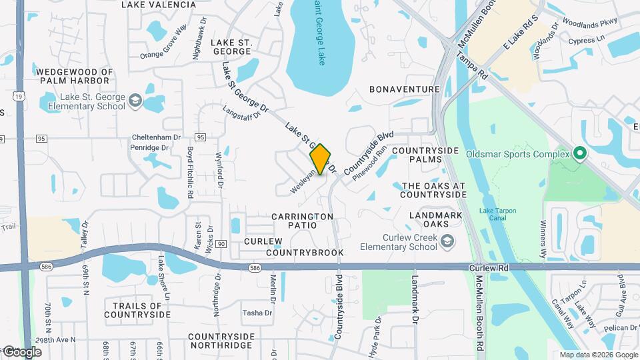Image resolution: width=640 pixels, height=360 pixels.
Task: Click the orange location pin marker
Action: pyautogui.click(x=320, y=159)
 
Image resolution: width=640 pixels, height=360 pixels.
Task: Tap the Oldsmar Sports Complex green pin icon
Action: pyautogui.click(x=579, y=155)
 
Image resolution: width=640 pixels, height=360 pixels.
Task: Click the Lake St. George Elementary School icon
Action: pyautogui.click(x=135, y=101)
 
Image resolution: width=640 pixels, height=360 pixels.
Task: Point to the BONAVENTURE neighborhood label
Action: pyautogui.click(x=404, y=89)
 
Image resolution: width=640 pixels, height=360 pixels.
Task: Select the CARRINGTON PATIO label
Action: pyautogui.click(x=302, y=221)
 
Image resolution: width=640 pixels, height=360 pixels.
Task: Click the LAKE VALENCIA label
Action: pyautogui.click(x=159, y=5)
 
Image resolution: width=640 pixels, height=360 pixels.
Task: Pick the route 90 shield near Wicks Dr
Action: pyautogui.click(x=221, y=245)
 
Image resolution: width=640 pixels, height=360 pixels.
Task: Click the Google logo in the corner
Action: pyautogui.click(x=21, y=351)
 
